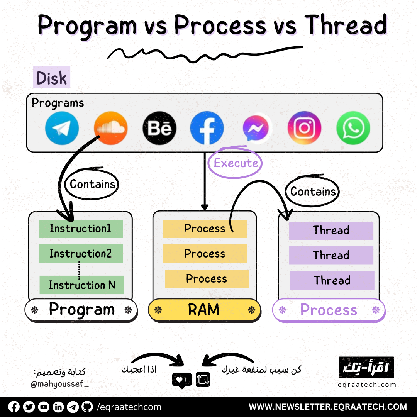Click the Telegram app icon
(x=62, y=128)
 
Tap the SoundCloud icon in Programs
(x=110, y=128)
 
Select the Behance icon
(x=159, y=128)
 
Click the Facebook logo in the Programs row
(x=207, y=128)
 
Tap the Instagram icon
(x=304, y=128)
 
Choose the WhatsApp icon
(x=353, y=128)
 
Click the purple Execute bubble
(x=236, y=163)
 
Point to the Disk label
(x=51, y=78)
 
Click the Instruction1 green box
(x=81, y=229)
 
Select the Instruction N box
(x=81, y=285)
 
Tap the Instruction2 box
(x=81, y=254)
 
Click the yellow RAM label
(x=204, y=310)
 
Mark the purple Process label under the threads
(x=329, y=310)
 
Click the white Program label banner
(x=81, y=310)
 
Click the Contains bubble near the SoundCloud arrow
(x=93, y=184)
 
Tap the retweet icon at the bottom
(x=203, y=380)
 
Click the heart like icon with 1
(x=181, y=380)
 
